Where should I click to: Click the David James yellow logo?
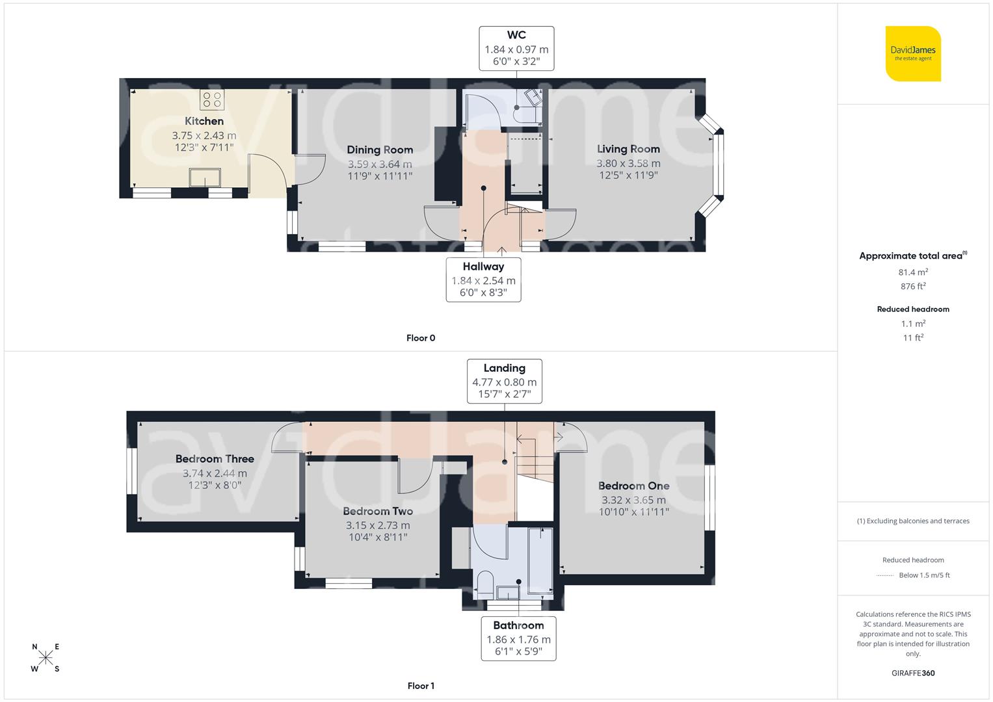coord(913,53)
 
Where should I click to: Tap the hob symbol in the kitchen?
coord(212,99)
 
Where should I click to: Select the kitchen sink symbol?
coord(205,177)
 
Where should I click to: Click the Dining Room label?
coord(380,149)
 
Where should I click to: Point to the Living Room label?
coord(628,149)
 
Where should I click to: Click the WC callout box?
coord(516,49)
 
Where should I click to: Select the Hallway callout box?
coord(483,279)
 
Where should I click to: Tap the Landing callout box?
coord(504,382)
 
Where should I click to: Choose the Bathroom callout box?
coord(518,638)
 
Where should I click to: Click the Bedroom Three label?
coord(215,459)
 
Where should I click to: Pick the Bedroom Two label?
coord(378,512)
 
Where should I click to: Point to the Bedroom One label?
coord(633,486)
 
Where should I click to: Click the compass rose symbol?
coord(46,658)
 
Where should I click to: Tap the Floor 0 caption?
coord(421,338)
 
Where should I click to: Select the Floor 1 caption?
coord(421,686)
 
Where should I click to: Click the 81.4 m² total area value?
coord(913,272)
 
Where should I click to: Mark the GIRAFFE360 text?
coord(913,673)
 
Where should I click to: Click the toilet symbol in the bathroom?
coord(485,583)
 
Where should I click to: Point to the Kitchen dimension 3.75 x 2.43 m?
coord(204,136)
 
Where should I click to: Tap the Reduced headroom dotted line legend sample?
coord(885,575)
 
